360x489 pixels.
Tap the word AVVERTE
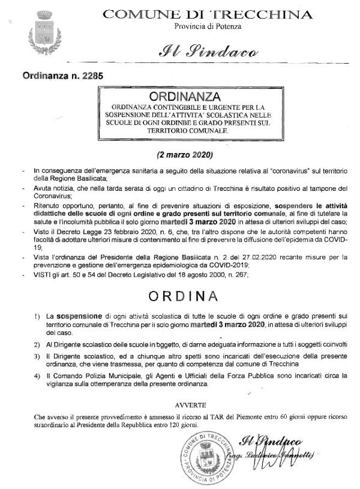coord(190,405)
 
